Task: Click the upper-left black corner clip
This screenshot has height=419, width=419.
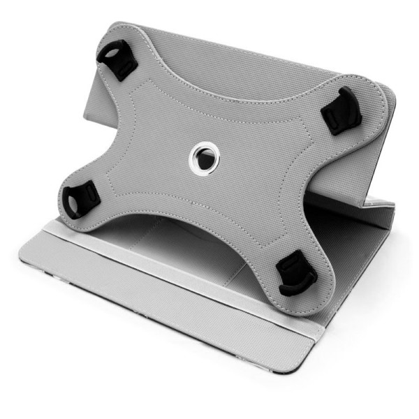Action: [117, 59]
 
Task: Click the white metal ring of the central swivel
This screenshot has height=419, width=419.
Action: [203, 149]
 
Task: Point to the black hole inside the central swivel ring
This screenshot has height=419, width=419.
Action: [203, 159]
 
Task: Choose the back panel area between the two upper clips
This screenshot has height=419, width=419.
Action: [230, 52]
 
